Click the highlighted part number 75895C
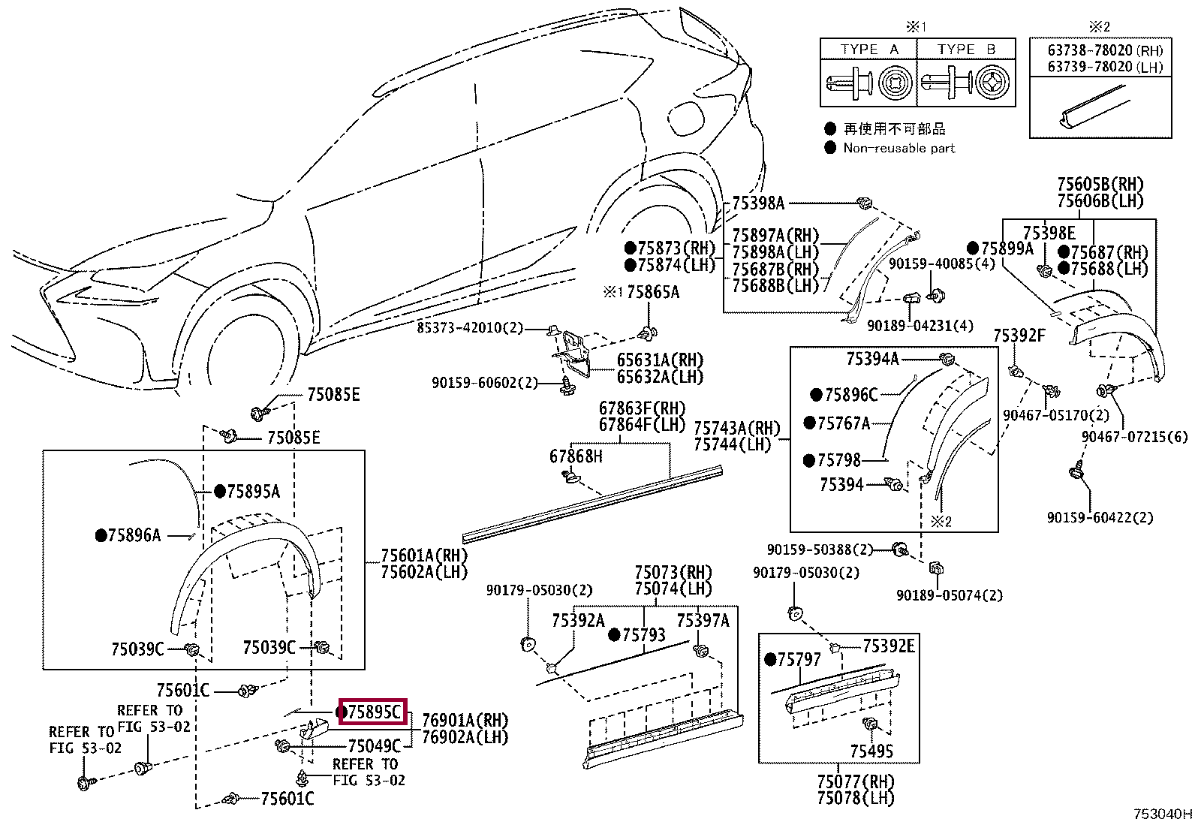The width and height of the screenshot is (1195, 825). [374, 712]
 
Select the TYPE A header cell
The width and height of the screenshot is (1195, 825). [868, 49]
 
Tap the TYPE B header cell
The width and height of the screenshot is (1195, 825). [966, 49]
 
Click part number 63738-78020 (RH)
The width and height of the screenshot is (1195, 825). [1106, 50]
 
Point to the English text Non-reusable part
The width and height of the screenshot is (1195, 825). [899, 149]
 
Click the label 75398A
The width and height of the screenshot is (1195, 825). [758, 203]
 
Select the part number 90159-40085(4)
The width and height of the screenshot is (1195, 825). [941, 263]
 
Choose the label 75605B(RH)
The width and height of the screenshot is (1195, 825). [1100, 185]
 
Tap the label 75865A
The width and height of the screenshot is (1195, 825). [653, 292]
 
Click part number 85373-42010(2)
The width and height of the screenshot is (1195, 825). [470, 327]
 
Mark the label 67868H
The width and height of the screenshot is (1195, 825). [576, 456]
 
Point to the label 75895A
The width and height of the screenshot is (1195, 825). [254, 492]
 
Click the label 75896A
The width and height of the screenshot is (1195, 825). [134, 535]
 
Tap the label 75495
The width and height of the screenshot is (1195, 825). [871, 751]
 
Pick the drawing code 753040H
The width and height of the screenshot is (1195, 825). [1163, 814]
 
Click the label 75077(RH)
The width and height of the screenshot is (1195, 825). [856, 781]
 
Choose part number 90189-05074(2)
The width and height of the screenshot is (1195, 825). [950, 595]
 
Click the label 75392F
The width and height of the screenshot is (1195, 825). [1019, 336]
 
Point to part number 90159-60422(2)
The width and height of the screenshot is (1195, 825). [1100, 518]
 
